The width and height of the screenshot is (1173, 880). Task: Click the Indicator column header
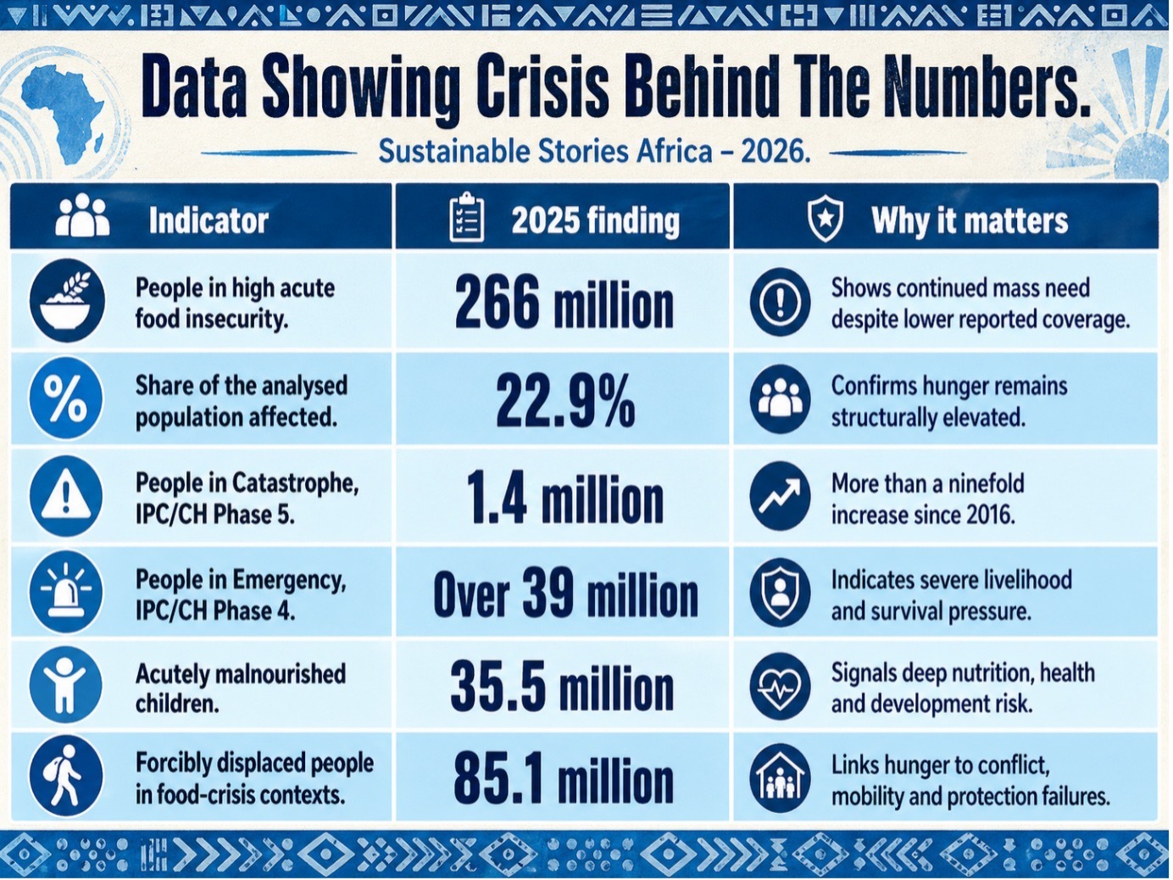pyautogui.click(x=208, y=220)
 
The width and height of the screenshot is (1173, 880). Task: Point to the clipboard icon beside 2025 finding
pyautogui.click(x=466, y=219)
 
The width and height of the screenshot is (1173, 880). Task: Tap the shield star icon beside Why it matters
pyautogui.click(x=825, y=220)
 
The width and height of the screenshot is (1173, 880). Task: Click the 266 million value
pyautogui.click(x=564, y=304)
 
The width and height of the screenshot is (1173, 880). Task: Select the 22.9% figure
pyautogui.click(x=564, y=400)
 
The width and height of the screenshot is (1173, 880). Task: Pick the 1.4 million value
pyautogui.click(x=564, y=498)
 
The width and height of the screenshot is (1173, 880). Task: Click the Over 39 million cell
pyautogui.click(x=565, y=593)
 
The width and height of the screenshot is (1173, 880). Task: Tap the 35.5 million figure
pyautogui.click(x=562, y=687)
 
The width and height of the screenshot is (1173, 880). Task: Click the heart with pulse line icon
pyautogui.click(x=780, y=686)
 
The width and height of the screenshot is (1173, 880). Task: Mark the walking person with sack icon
pyautogui.click(x=66, y=777)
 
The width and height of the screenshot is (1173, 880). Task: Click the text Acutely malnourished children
pyautogui.click(x=241, y=688)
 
